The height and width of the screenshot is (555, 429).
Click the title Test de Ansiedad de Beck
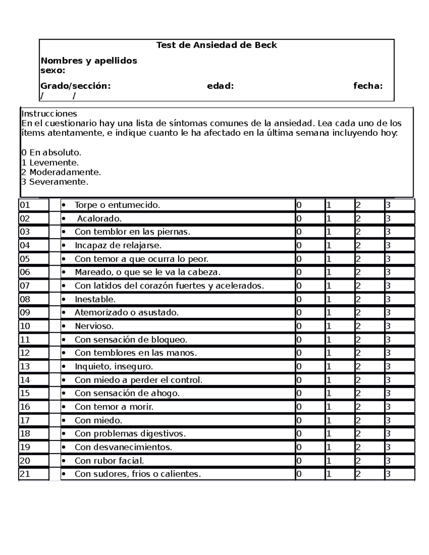coord(217,45)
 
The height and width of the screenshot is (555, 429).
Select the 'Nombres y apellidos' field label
coord(89,60)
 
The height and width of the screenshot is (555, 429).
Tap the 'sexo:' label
coord(53,70)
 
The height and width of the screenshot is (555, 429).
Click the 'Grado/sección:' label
coord(75,86)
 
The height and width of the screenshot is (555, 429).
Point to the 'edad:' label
coord(220,86)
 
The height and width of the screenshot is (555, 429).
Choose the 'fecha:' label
coord(368,86)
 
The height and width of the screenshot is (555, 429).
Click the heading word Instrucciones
coord(49,114)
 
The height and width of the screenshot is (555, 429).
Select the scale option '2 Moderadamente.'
coord(61,172)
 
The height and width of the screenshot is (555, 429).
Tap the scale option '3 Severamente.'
coord(55,182)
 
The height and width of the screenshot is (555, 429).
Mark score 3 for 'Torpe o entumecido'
coord(388,205)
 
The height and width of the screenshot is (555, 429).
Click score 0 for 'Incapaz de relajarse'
coord(299,246)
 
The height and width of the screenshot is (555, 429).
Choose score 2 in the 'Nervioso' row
coord(358,326)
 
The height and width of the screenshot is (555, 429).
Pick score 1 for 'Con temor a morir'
coord(329,407)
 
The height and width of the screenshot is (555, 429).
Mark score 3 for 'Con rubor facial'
coord(388,461)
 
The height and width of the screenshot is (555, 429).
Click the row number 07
coord(25,286)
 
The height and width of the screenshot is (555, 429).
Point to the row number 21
coord(25,474)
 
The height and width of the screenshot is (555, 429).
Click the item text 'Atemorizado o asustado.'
coord(127,313)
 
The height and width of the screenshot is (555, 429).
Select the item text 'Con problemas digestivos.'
coord(130,433)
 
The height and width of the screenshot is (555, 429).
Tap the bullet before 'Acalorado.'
coord(64,219)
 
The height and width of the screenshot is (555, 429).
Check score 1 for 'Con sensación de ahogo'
coord(329,393)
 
